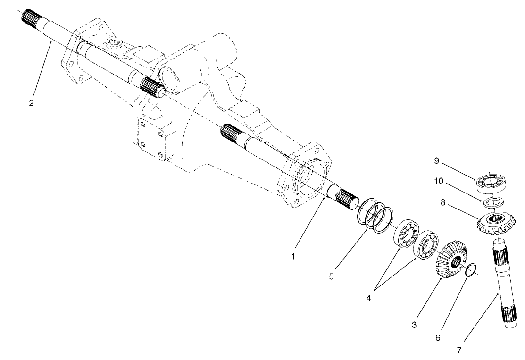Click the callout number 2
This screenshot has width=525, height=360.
(x=31, y=103)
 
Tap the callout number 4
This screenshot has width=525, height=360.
(x=369, y=299)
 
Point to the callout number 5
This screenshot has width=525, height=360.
(x=332, y=276)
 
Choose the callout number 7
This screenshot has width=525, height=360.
(x=459, y=350)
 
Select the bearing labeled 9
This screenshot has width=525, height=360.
(x=492, y=183)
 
